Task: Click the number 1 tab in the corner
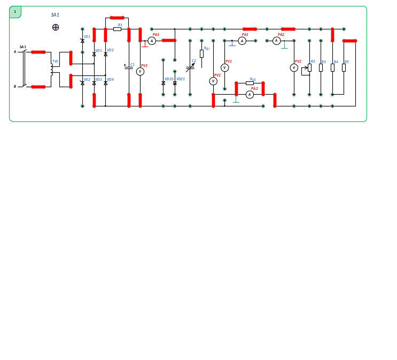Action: (x=15, y=12)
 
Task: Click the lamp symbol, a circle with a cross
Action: (x=56, y=27)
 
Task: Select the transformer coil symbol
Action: (x=52, y=69)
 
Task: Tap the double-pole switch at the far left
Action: (x=24, y=68)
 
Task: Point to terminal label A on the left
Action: (x=15, y=52)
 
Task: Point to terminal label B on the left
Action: (x=15, y=86)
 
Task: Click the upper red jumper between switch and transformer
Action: (x=38, y=52)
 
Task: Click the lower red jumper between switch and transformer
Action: (x=38, y=87)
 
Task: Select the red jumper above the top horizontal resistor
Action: (x=117, y=18)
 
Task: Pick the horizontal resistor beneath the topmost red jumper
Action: (x=117, y=29)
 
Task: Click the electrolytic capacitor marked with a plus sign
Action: (x=129, y=67)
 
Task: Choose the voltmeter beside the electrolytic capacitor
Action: (x=140, y=72)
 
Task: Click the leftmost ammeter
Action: (x=152, y=41)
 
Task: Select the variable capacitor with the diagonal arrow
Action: (x=190, y=67)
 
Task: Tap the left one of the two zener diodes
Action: (x=164, y=83)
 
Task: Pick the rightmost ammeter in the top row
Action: (x=276, y=41)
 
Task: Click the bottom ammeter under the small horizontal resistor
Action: (x=250, y=95)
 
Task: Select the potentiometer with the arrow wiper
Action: (x=309, y=67)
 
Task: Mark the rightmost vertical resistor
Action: (x=344, y=67)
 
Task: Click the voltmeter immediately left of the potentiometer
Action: (x=294, y=68)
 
